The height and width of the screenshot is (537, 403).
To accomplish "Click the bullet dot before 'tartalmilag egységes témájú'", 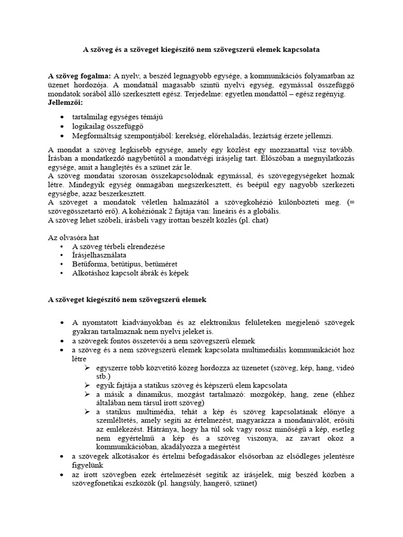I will point(63,116).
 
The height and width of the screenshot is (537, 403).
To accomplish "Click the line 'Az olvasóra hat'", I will point(73,238).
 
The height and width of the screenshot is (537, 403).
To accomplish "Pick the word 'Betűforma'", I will point(90,264).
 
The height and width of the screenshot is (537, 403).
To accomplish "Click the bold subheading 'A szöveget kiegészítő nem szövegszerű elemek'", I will point(128,299).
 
